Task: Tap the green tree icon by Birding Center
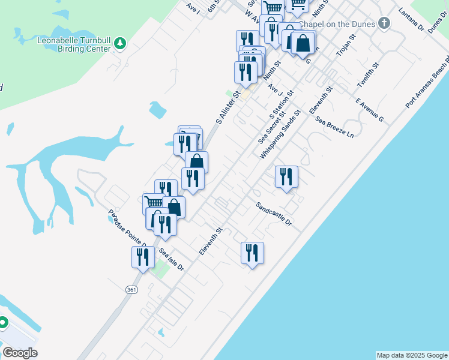coord(120,43)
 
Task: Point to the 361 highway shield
coord(131,290)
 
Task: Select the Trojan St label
coord(346,45)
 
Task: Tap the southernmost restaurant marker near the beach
coord(252,253)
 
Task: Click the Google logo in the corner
coord(20,353)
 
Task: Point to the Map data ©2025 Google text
coord(412,355)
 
